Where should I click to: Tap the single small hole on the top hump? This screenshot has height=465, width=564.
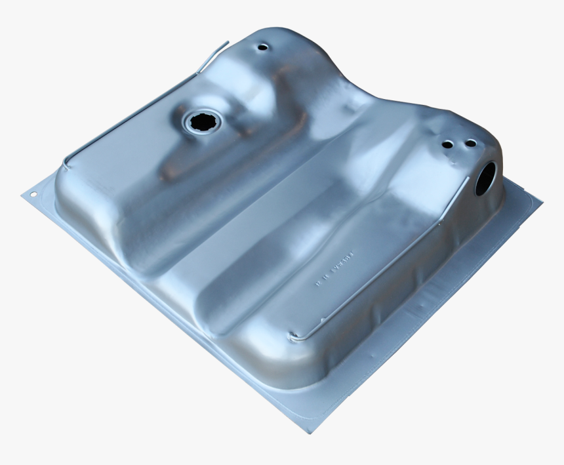[x=263, y=48]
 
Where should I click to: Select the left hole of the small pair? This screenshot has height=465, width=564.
[x=447, y=144]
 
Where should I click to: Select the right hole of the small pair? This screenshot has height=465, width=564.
[x=470, y=143]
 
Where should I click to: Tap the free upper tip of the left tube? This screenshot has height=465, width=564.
[x=227, y=43]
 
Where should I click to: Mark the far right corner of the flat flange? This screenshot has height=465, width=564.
[x=542, y=201]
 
